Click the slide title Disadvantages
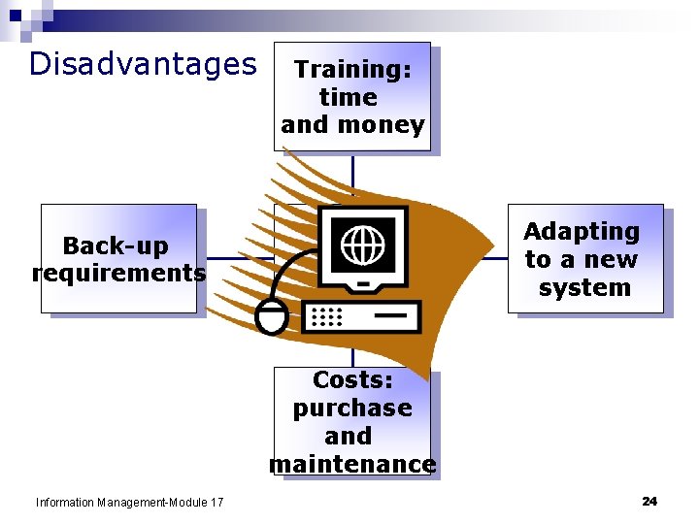click(143, 64)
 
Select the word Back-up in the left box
click(115, 246)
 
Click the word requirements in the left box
click(118, 274)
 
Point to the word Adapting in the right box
click(582, 232)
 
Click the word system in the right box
click(584, 288)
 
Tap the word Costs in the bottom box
click(352, 380)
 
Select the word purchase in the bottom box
click(352, 409)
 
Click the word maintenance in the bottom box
click(352, 465)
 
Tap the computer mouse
click(271, 316)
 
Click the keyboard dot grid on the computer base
click(328, 316)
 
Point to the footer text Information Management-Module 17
click(129, 502)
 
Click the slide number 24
click(649, 501)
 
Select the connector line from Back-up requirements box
click(233, 259)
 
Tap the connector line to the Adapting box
click(495, 259)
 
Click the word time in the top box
click(349, 97)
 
